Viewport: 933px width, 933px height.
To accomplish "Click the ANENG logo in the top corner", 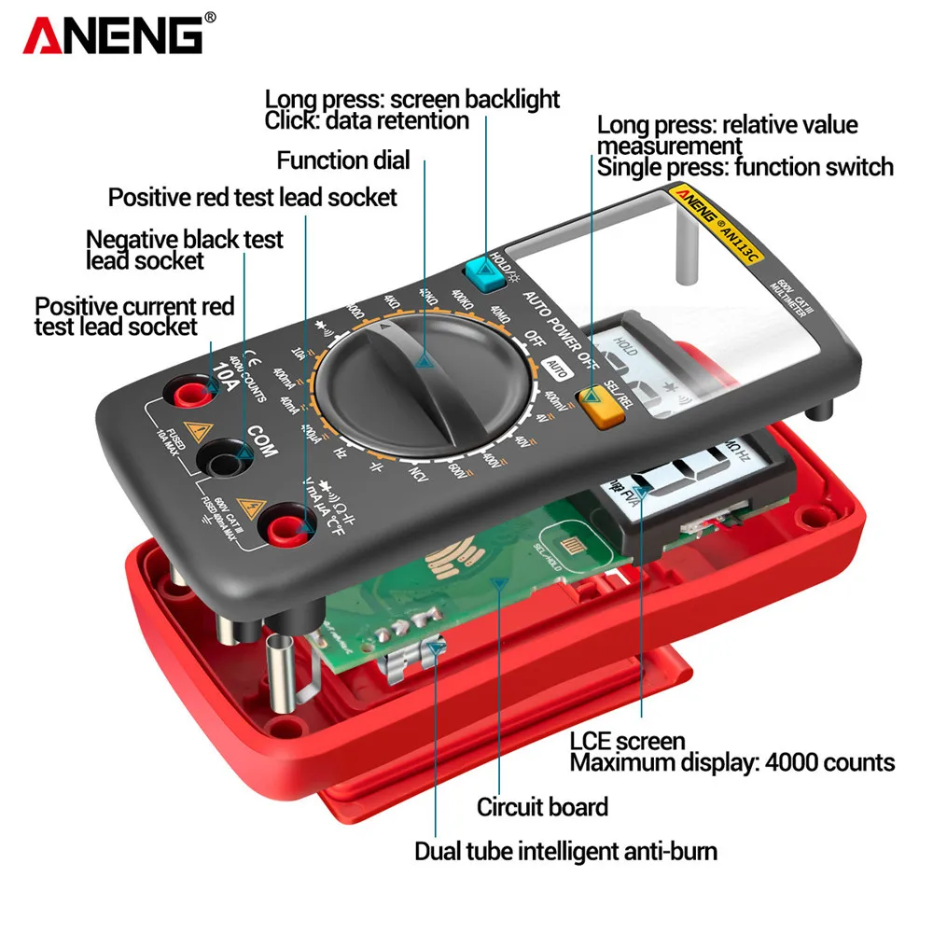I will pos(113,35).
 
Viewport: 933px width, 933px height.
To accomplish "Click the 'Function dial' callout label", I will pos(342,160).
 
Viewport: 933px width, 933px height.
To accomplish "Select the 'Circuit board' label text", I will pos(542,807).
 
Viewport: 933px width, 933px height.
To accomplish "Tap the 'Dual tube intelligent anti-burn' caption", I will pos(565,851).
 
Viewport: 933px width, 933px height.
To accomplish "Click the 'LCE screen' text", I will pos(627,742).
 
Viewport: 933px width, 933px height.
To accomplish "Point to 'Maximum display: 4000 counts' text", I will pos(731,763).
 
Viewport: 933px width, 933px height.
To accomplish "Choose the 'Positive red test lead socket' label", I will pos(252,197).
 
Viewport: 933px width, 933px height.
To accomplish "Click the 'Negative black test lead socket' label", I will pos(184,249).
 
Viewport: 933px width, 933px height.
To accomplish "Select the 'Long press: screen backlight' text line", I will pos(411,99).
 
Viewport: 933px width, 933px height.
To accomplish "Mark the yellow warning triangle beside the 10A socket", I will pos(197,432).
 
